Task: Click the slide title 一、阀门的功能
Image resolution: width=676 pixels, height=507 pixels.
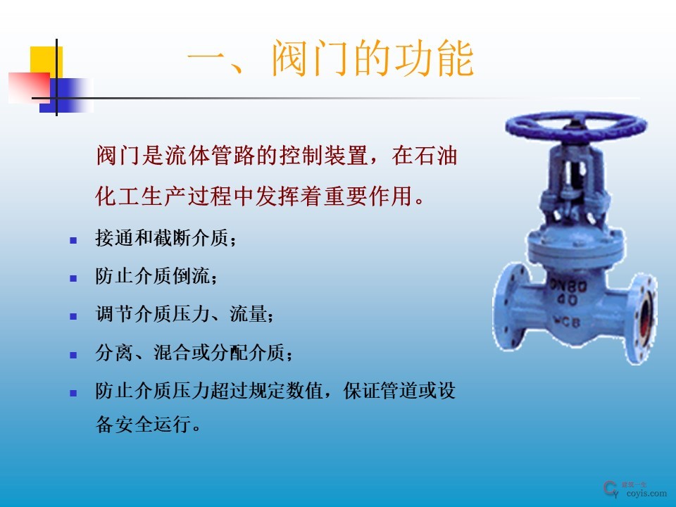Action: click(x=330, y=60)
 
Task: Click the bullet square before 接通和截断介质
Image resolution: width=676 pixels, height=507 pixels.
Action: click(x=72, y=240)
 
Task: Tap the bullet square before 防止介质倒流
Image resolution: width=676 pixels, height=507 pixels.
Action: click(x=72, y=278)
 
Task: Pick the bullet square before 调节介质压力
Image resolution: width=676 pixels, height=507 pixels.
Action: click(x=72, y=316)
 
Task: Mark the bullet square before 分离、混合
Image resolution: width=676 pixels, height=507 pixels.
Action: click(x=72, y=355)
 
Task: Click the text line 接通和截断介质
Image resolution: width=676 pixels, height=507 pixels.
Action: click(x=166, y=239)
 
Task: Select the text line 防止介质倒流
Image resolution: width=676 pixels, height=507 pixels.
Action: click(x=156, y=277)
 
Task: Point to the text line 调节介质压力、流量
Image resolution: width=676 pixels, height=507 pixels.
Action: click(x=184, y=315)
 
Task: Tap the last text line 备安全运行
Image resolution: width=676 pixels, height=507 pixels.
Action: click(x=148, y=426)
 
